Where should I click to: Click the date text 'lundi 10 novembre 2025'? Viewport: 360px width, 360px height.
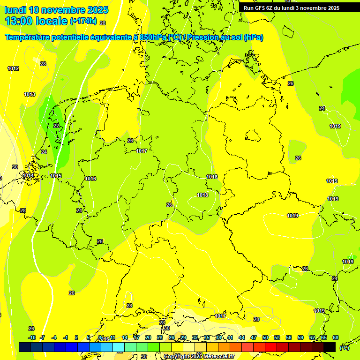pyautogui.click(x=56, y=10)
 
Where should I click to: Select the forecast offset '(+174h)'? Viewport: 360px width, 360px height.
pyautogui.click(x=83, y=21)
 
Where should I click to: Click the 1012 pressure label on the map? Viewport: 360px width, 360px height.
pyautogui.click(x=13, y=69)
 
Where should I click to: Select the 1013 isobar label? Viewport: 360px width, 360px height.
pyautogui.click(x=30, y=94)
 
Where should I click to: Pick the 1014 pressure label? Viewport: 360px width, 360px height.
pyautogui.click(x=27, y=176)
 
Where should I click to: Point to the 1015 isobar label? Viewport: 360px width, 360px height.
pyautogui.click(x=56, y=176)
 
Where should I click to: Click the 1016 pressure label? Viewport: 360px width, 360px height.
pyautogui.click(x=90, y=179)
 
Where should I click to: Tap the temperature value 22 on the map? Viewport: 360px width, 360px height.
pyautogui.click(x=56, y=126)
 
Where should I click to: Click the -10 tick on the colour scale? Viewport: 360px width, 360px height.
pyautogui.click(x=32, y=337)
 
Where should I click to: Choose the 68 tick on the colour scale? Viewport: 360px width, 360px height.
pyautogui.click(x=336, y=337)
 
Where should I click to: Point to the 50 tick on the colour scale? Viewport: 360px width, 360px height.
pyautogui.click(x=265, y=337)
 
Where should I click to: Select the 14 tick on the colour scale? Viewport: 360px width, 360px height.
pyautogui.click(x=125, y=337)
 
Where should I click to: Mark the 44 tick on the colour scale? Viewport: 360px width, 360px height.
pyautogui.click(x=242, y=337)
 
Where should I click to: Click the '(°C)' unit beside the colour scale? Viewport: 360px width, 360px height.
pyautogui.click(x=344, y=348)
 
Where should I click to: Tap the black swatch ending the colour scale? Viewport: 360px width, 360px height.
pyautogui.click(x=330, y=347)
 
